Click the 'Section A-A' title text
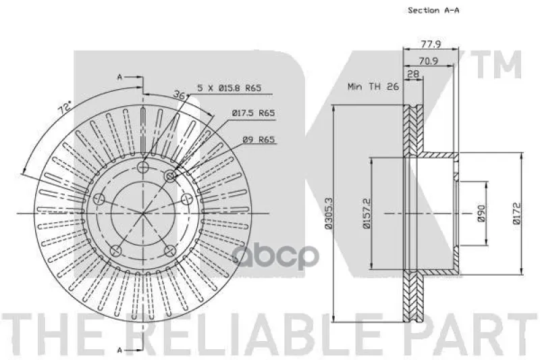433,10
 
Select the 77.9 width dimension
431,44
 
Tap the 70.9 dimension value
429,61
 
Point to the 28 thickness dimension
413,74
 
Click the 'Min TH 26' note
373,86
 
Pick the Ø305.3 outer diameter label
328,213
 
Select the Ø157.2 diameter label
366,213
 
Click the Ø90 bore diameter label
481,213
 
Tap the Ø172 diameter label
517,213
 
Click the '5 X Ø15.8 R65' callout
230,88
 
